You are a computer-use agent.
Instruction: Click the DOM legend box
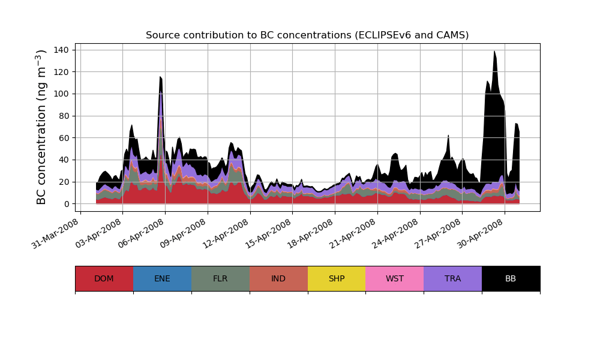tap(104, 278)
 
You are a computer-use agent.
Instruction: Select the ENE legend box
tap(162, 278)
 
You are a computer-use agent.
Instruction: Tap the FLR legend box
tap(220, 278)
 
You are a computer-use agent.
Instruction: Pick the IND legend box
tap(278, 278)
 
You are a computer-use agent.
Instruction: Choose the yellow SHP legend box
tap(337, 278)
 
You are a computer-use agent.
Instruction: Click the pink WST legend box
tap(395, 278)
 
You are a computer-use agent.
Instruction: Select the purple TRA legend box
tap(453, 278)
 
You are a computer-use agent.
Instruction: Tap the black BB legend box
tap(511, 278)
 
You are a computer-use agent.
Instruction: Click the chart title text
tap(307, 35)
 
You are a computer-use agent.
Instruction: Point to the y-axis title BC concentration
tap(41, 127)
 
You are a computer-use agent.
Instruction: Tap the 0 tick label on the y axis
tap(67, 204)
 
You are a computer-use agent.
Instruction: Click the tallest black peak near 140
tap(494, 53)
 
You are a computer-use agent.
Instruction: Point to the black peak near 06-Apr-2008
tap(160, 78)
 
